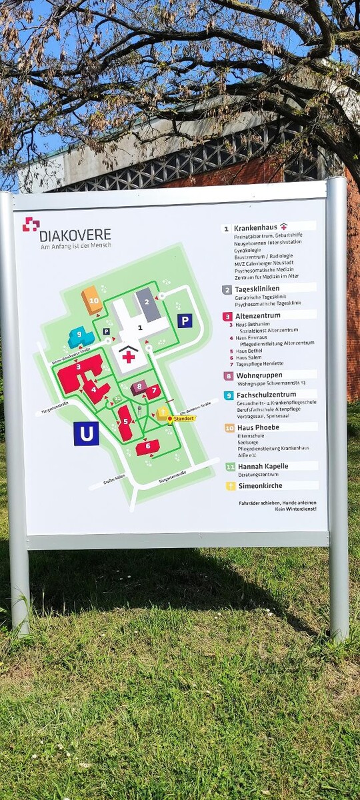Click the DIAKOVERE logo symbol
[x=31, y=225]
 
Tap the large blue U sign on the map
[x=86, y=433]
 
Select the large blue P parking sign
[x=185, y=321]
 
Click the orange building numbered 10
[x=92, y=301]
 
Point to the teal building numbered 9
[x=81, y=337]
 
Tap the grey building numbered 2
[x=148, y=303]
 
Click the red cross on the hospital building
[x=128, y=357]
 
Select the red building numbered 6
[x=148, y=447]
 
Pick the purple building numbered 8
[x=139, y=387]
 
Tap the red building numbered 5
[x=125, y=423]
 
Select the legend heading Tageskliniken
[x=257, y=289]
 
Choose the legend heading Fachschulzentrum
[x=267, y=395]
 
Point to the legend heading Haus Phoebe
[x=257, y=427]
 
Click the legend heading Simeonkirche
[x=259, y=486]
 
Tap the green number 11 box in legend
[x=229, y=467]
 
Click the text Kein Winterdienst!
[x=295, y=509]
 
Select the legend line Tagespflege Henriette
[x=259, y=364]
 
